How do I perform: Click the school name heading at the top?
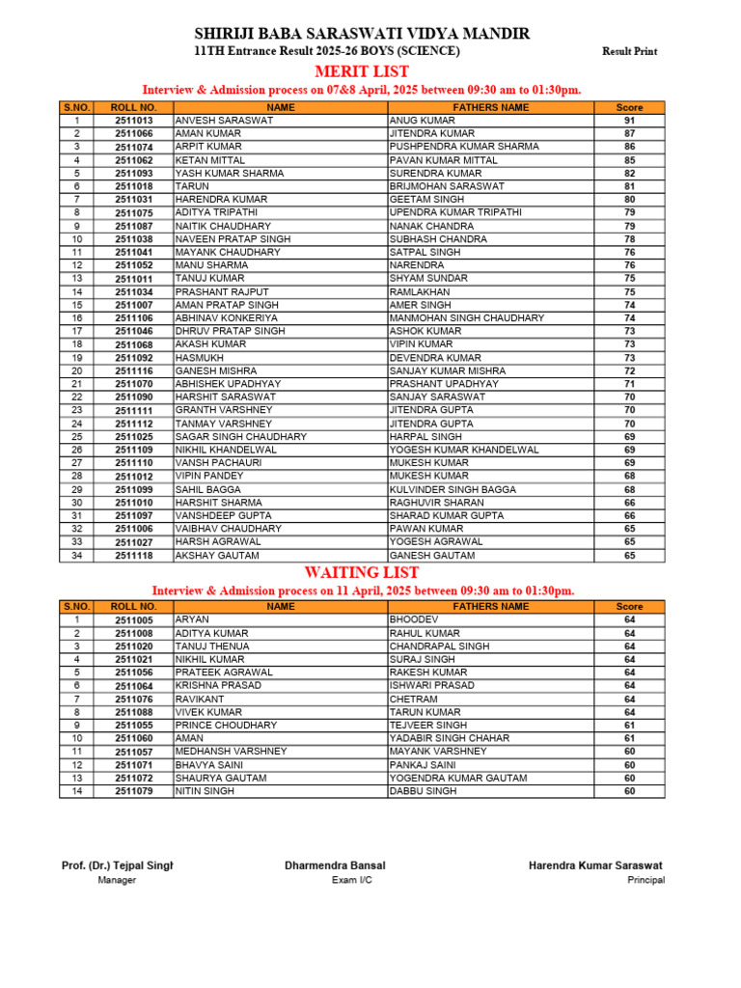click(362, 34)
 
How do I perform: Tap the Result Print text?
click(629, 51)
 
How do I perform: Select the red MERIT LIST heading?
click(362, 71)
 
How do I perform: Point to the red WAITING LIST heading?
click(362, 572)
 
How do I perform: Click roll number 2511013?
click(134, 121)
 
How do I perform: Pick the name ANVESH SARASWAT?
click(224, 121)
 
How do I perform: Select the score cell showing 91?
click(629, 121)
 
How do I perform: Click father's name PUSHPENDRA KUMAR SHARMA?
click(464, 147)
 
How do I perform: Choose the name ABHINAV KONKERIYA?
click(227, 317)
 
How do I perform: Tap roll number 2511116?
click(134, 370)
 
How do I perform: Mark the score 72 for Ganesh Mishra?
click(629, 370)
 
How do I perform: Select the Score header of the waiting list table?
click(629, 607)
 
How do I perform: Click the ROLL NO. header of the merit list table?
click(134, 107)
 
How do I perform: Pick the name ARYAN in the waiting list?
click(192, 619)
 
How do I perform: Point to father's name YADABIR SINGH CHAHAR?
click(451, 738)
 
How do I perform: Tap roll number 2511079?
click(134, 791)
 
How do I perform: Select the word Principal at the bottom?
click(645, 880)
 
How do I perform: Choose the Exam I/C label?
click(351, 880)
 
